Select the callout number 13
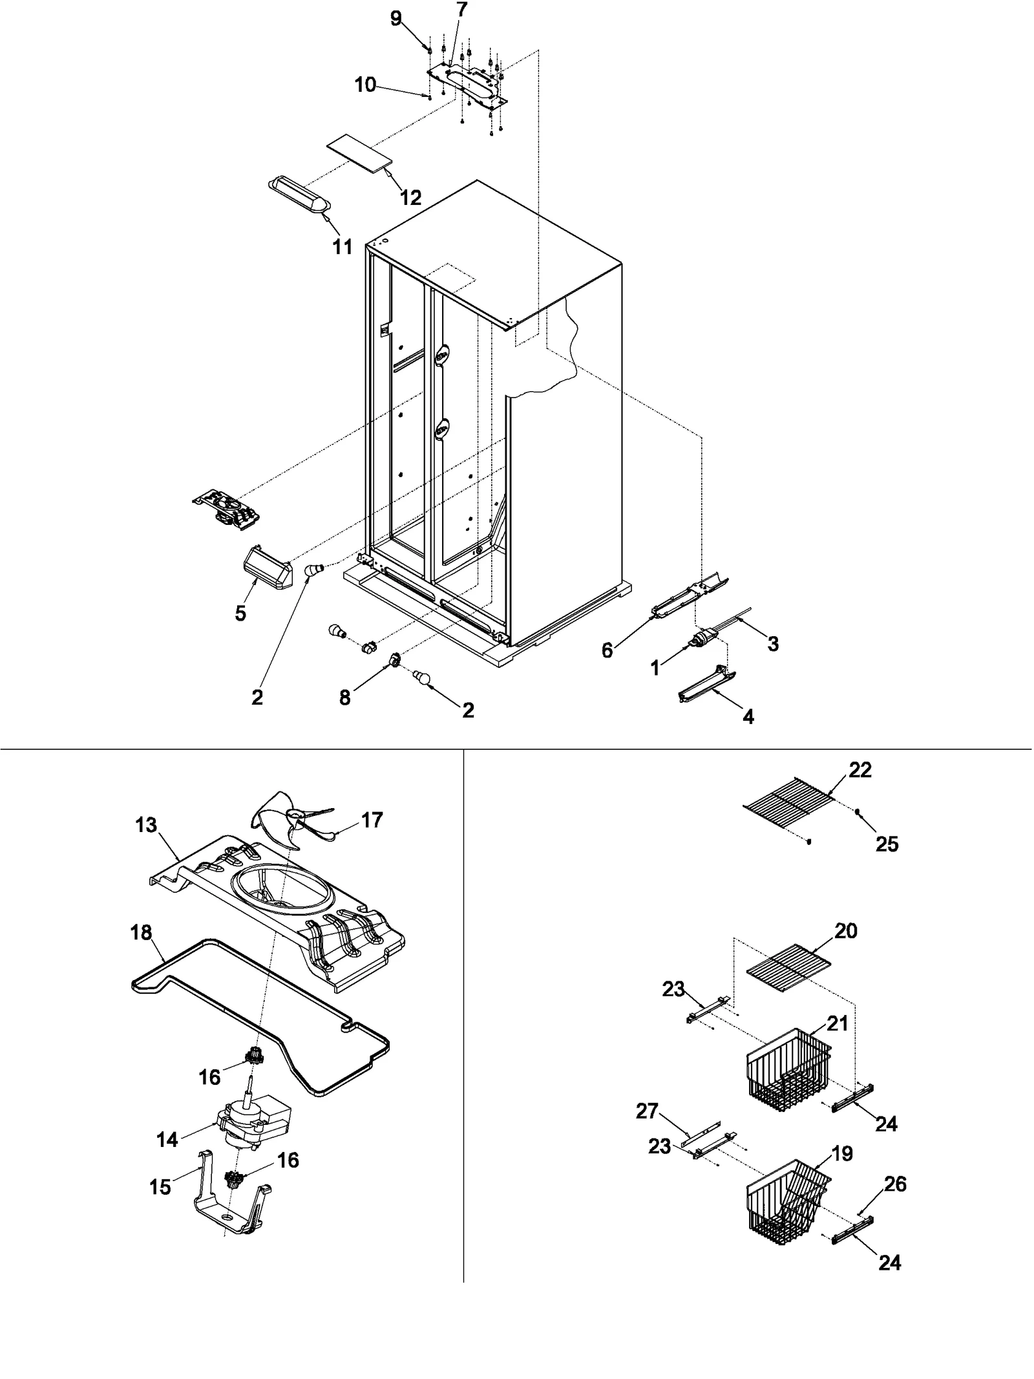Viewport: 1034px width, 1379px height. (146, 826)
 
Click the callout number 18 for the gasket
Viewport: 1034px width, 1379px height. (141, 932)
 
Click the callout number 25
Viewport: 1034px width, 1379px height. (887, 844)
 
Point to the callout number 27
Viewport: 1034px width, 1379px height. (647, 1111)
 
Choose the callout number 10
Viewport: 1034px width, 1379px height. (365, 85)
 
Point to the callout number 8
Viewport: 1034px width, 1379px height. (345, 697)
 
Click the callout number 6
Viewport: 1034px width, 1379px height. (607, 650)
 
